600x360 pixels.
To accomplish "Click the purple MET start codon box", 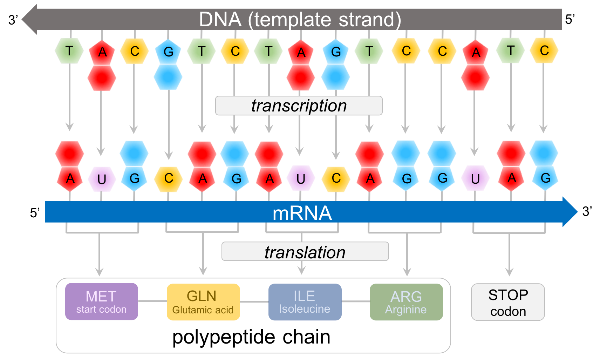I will pos(101,301).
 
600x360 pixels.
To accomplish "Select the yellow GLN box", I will pos(203,302).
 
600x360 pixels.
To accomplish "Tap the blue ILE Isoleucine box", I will pos(305,302).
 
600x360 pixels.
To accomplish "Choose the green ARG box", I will pos(406,302).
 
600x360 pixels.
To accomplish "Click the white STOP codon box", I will pos(508,302).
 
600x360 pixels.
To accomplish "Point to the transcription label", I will pos(299,106).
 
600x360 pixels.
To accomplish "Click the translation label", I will pos(305,252).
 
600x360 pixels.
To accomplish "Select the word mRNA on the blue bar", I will pos(302,213).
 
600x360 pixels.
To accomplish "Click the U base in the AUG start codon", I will pos(102,179).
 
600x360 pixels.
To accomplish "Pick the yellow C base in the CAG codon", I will pos(169,178).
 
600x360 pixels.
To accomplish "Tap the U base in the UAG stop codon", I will pos(475,179).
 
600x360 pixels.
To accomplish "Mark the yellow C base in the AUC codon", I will pos(336,178).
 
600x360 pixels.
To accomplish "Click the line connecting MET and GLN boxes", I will pos(152,301).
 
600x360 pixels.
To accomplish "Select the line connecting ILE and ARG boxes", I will pos(355,301).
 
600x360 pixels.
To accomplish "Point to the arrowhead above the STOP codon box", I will pos(509,272).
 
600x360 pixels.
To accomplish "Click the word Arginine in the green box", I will pos(406,310).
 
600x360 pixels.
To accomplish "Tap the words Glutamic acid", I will pos(203,310).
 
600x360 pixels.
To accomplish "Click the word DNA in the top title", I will pos(220,20).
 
